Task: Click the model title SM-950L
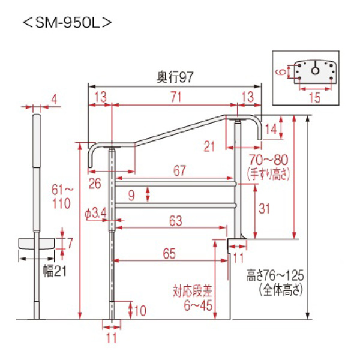[67, 23]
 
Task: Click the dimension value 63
[175, 221]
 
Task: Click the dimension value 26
[94, 184]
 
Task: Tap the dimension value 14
[271, 128]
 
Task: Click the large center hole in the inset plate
[314, 70]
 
